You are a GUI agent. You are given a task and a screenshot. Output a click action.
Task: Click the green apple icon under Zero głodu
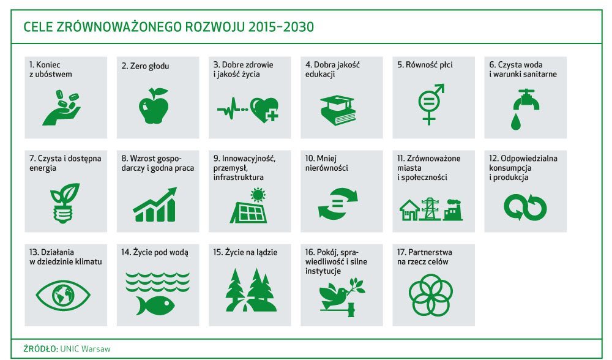click(154, 106)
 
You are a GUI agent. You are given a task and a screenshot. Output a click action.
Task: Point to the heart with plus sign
click(264, 110)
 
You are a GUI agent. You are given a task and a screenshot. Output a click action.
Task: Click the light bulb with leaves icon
click(64, 203)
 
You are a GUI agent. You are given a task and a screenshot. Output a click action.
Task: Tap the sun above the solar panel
click(258, 195)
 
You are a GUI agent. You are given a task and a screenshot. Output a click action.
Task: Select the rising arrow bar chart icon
click(155, 204)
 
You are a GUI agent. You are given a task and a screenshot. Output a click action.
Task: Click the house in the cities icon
click(409, 211)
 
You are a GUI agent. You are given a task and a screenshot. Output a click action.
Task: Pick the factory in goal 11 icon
click(452, 210)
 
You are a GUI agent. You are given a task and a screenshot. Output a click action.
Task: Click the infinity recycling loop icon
click(525, 207)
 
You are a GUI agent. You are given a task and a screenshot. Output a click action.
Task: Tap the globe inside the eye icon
click(63, 294)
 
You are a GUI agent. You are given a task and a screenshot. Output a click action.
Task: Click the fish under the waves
click(155, 305)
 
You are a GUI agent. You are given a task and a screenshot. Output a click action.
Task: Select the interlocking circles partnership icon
click(431, 294)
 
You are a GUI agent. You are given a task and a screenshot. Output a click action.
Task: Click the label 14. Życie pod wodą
click(155, 252)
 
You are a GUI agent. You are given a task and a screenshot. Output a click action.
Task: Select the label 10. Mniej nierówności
click(326, 163)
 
